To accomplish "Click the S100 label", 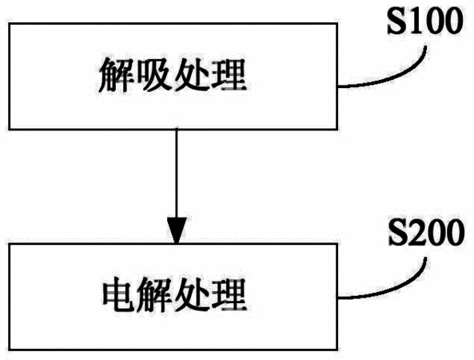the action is (x=425, y=21).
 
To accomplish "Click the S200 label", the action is (x=426, y=232).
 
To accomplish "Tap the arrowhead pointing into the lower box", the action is (x=177, y=230).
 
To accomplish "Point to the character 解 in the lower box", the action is (x=154, y=295).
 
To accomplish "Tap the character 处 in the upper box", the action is (x=193, y=74).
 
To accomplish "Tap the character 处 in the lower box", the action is (x=193, y=295).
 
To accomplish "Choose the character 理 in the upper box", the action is (x=229, y=74).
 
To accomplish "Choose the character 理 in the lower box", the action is (x=229, y=295).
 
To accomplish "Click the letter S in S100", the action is (x=396, y=21).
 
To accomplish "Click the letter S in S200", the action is (x=397, y=232).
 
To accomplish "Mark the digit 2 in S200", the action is (x=416, y=232).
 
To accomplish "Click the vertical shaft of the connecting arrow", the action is (x=177, y=174).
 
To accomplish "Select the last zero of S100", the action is (x=453, y=21).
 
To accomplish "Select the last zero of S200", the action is (x=454, y=232).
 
